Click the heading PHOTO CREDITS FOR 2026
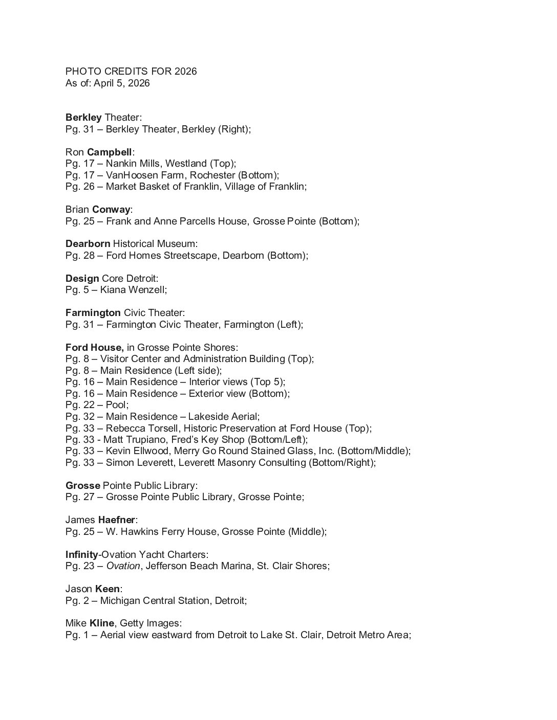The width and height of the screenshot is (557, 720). (131, 72)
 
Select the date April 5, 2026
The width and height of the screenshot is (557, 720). (122, 83)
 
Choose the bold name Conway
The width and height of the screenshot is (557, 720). (111, 210)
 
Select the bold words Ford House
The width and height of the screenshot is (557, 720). (94, 348)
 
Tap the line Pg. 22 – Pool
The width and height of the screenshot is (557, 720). (97, 405)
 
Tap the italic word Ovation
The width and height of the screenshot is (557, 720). (123, 566)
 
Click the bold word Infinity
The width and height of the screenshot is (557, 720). (81, 554)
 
